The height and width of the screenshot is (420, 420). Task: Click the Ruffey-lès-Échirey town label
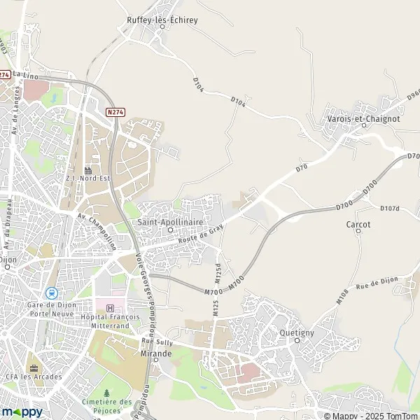pos(162,20)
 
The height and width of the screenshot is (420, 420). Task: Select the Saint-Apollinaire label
pos(169,222)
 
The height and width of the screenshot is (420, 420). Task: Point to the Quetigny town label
pos(296,332)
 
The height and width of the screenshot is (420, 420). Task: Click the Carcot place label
pos(358,225)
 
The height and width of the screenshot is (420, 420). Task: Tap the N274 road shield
pos(115,112)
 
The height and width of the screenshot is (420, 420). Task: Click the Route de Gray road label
pos(200,234)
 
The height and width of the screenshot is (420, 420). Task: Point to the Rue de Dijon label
pos(377,282)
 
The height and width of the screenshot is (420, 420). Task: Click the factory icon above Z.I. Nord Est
pos(88,170)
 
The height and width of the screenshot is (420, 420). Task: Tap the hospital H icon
pos(109,308)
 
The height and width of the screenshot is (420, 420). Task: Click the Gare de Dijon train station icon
pos(50,293)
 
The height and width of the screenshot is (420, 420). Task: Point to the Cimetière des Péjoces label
pos(106,405)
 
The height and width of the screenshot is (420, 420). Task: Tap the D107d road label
pos(389,209)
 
